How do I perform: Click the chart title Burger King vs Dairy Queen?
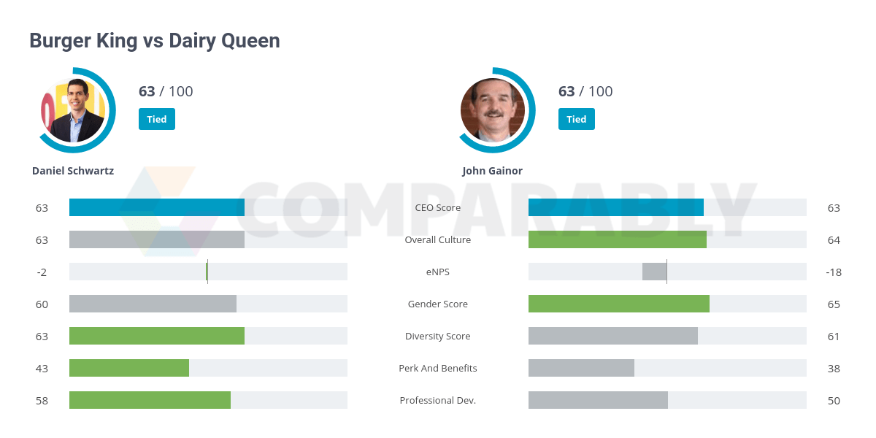tap(154, 41)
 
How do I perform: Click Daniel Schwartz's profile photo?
tap(73, 109)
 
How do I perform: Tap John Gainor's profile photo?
tap(493, 109)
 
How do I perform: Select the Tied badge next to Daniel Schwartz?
tap(156, 119)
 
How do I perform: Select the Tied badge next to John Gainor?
tap(576, 119)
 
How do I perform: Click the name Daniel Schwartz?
tap(73, 171)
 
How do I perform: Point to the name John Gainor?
tap(492, 171)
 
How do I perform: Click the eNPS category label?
tap(437, 272)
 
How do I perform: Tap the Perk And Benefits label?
tap(437, 369)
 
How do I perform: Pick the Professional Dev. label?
tap(437, 401)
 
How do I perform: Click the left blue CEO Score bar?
tap(156, 207)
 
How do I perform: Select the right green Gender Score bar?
tap(618, 304)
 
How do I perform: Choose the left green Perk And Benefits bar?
tap(129, 368)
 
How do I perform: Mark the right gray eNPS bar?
tap(654, 272)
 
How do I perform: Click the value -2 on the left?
tap(42, 272)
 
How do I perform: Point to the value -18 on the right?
tap(834, 272)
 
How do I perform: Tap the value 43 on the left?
tap(42, 369)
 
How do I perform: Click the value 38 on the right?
tap(834, 369)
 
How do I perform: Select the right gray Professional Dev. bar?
tap(598, 400)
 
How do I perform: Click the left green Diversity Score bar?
tap(156, 336)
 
